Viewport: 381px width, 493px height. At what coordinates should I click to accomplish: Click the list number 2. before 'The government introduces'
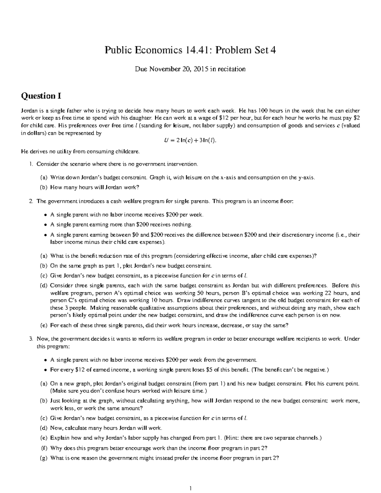point(31,201)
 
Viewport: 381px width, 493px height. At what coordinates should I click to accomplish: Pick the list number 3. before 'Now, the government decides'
point(31,339)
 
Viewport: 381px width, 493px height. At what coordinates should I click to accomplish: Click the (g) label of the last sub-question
point(43,458)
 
